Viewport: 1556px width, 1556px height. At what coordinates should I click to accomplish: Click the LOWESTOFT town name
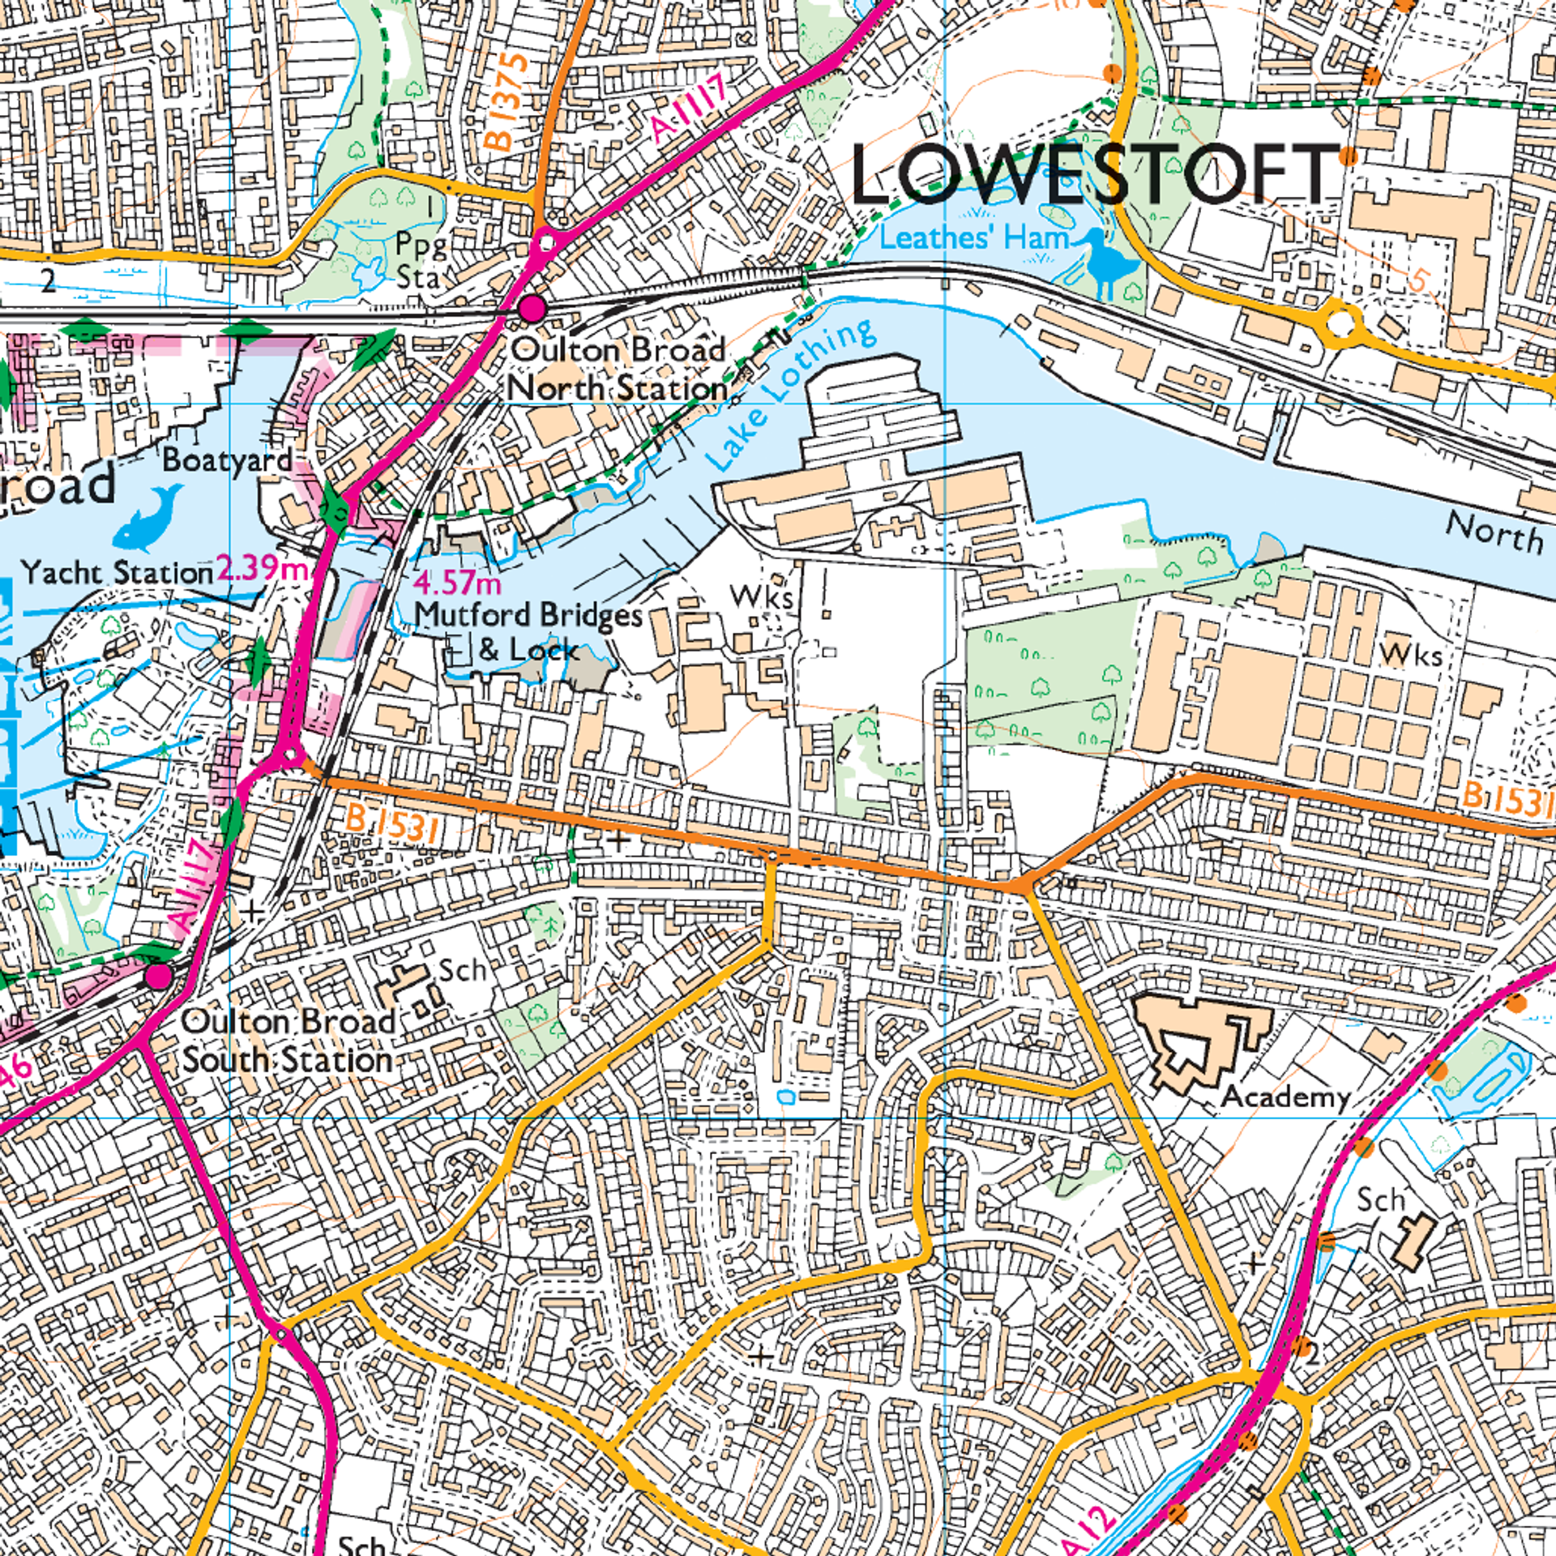(1094, 174)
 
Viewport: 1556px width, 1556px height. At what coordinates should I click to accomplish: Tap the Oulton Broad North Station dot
(532, 308)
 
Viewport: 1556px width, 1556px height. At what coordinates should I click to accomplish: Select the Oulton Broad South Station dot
(159, 977)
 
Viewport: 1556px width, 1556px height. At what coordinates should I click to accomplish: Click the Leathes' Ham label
(974, 238)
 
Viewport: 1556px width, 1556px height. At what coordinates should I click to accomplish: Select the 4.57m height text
(457, 583)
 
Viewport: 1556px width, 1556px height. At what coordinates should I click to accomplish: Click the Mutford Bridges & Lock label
(528, 632)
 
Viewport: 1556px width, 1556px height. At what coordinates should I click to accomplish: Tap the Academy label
(1285, 1096)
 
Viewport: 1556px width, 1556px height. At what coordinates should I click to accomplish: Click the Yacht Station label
(118, 572)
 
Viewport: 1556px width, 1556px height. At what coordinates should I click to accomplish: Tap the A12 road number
(1088, 1528)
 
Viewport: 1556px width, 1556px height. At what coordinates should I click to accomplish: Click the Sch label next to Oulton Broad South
(462, 970)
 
